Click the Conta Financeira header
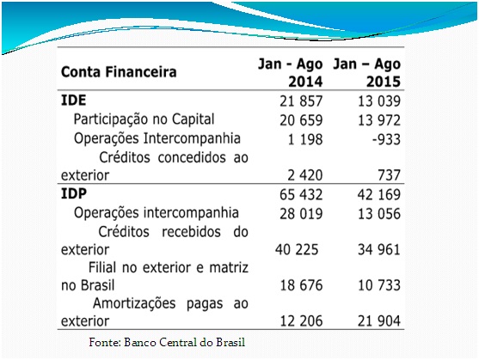(x=119, y=72)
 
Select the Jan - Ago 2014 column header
(x=290, y=73)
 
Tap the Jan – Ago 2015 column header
(x=366, y=73)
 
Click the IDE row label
(x=74, y=100)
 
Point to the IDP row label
(x=74, y=193)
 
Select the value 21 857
(x=301, y=101)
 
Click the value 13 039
(x=379, y=101)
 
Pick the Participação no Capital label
(x=144, y=119)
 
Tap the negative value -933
(x=386, y=139)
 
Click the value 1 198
(x=305, y=139)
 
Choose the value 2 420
(x=305, y=175)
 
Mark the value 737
(x=389, y=175)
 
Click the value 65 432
(x=301, y=195)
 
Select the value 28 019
(x=301, y=214)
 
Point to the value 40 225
(x=297, y=249)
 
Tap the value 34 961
(x=379, y=249)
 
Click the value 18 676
(x=301, y=285)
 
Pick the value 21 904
(x=379, y=321)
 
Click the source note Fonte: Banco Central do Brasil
(x=167, y=342)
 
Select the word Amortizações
(x=134, y=304)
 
